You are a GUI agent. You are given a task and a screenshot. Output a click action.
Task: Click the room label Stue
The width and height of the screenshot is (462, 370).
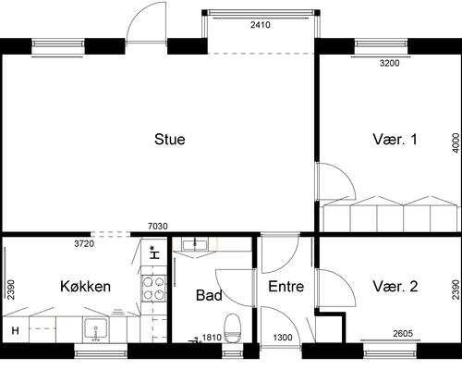coord(170,139)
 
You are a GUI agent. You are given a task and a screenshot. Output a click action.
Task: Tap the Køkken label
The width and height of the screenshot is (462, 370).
coord(85,287)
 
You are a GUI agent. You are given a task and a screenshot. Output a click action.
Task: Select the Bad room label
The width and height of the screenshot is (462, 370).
coord(209,295)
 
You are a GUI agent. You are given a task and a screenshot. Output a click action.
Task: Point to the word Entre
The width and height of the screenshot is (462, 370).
coord(286,287)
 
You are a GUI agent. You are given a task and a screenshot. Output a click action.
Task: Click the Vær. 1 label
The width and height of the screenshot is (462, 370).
coord(395,139)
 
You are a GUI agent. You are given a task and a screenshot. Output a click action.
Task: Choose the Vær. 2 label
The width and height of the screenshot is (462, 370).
coord(395,287)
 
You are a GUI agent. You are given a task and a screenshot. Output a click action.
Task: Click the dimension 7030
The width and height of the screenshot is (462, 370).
coord(158,227)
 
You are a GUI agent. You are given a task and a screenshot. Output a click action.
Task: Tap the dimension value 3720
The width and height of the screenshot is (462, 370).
coord(84,243)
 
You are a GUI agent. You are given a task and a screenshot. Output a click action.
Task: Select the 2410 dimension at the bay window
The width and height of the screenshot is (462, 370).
coord(261,25)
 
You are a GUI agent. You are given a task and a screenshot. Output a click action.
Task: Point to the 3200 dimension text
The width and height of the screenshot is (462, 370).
coord(390,63)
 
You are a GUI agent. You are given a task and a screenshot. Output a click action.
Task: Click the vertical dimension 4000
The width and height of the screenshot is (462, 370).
coord(456,142)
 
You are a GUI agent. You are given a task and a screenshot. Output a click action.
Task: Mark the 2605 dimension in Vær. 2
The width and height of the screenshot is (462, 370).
coord(403,333)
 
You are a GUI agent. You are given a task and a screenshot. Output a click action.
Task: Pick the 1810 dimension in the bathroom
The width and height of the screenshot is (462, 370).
coord(212,338)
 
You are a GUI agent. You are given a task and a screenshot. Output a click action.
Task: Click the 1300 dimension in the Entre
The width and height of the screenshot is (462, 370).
coord(283,338)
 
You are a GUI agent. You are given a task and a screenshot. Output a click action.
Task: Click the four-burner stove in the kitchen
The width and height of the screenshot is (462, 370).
coord(153,288)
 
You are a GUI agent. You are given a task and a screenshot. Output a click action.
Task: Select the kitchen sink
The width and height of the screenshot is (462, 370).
coord(96,329)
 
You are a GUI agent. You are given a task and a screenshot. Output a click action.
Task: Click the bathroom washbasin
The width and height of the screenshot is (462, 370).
coord(195,245)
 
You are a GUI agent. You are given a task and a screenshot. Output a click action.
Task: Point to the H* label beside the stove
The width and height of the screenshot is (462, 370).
coord(154,253)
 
